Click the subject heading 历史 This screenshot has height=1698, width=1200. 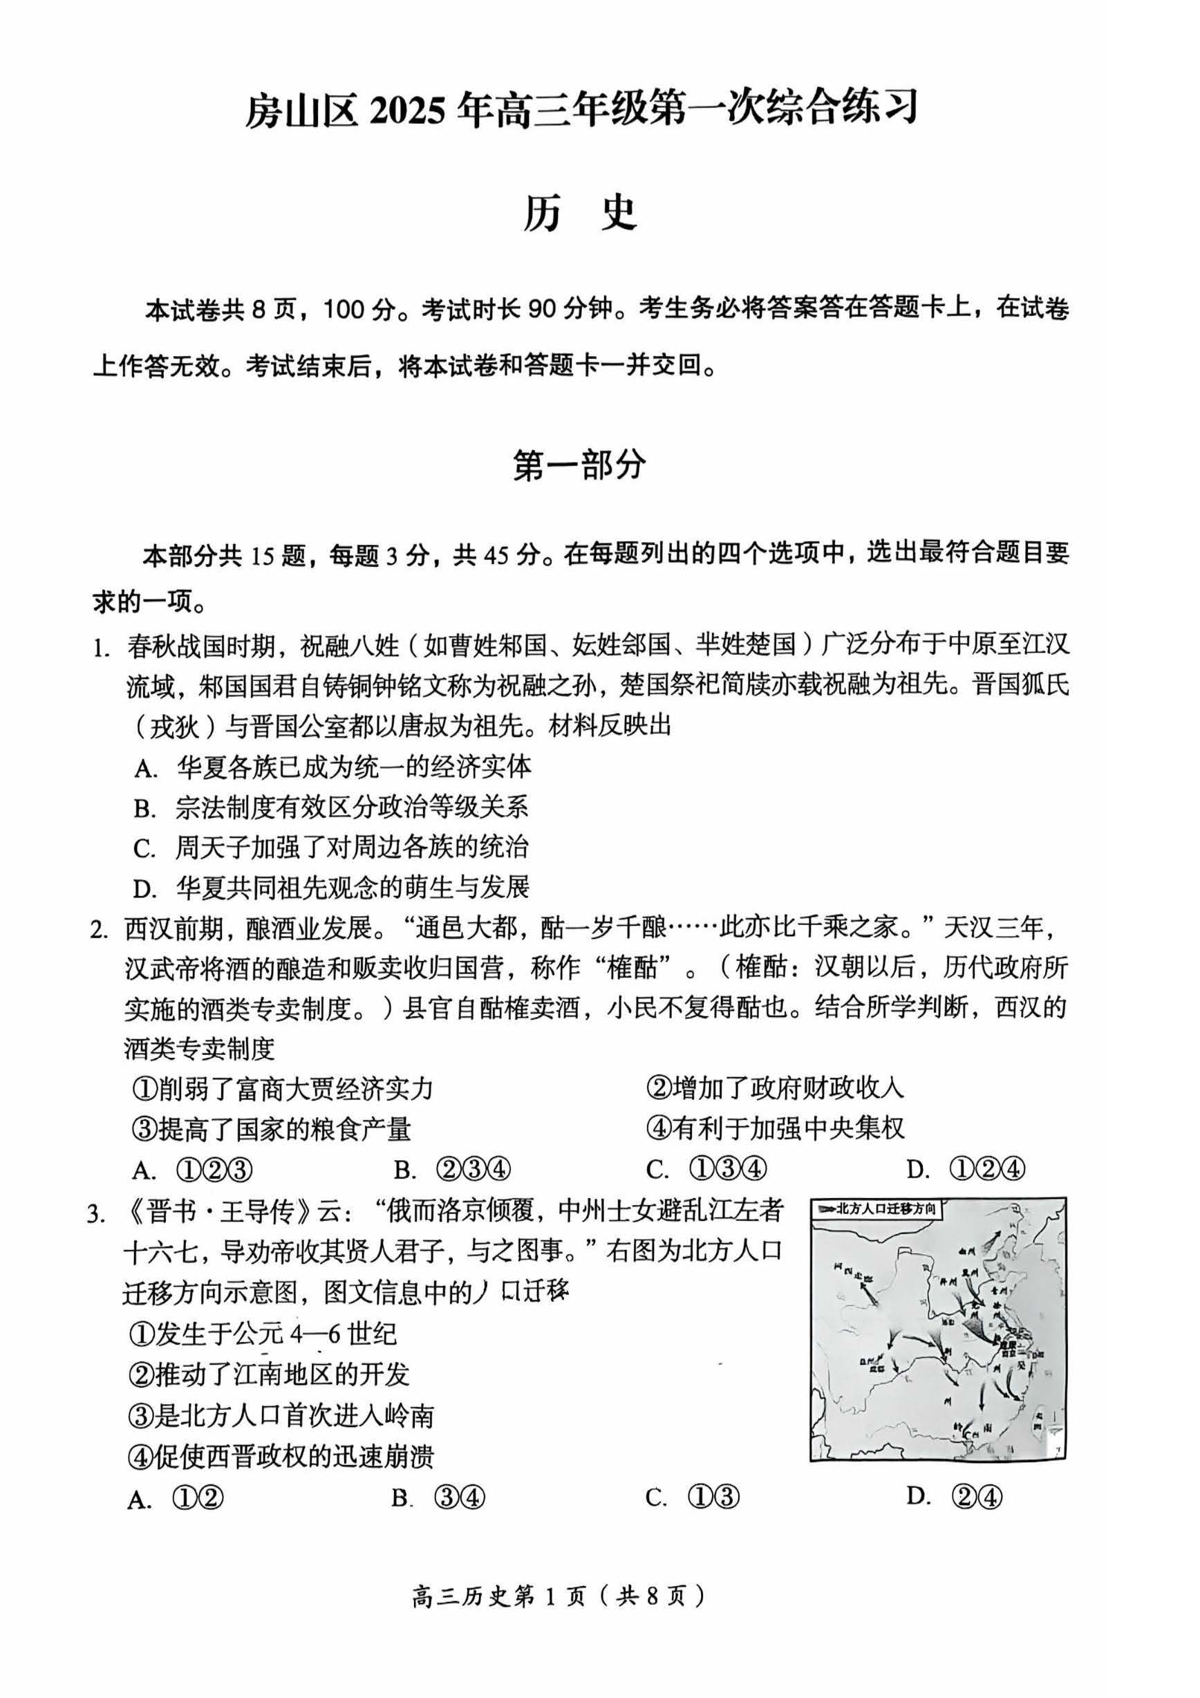tap(580, 214)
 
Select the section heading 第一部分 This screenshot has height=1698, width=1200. tap(580, 466)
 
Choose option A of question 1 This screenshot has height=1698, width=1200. tap(332, 767)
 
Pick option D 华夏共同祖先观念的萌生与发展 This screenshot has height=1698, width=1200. tap(332, 887)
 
